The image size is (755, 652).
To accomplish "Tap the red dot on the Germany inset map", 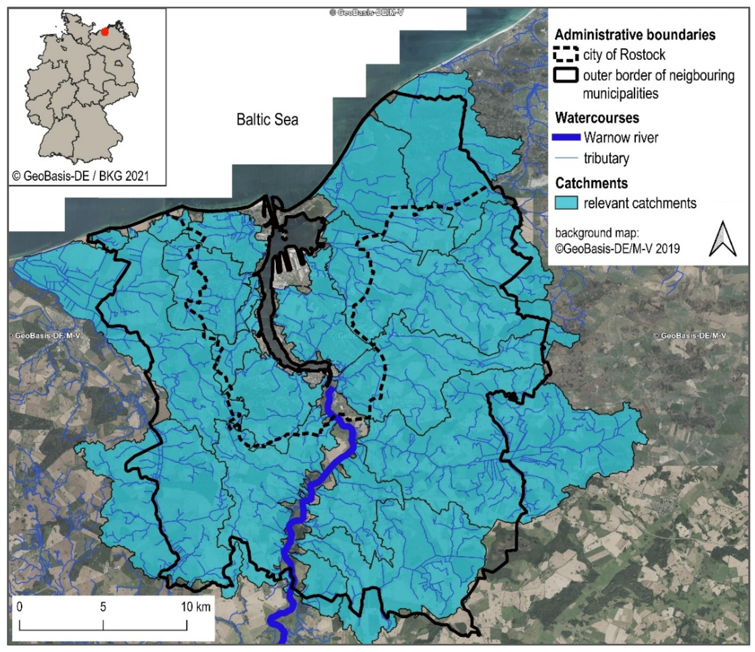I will click(x=105, y=32).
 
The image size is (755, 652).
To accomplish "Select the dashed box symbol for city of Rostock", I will click(x=566, y=55).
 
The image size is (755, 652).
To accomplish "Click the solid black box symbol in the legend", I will click(x=566, y=76).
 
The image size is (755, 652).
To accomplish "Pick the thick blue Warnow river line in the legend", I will click(x=566, y=137).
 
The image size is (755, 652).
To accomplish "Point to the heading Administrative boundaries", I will click(x=635, y=35).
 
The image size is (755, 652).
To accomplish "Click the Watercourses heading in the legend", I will click(x=597, y=118).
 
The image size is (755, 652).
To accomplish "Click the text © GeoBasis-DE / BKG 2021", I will click(x=80, y=176).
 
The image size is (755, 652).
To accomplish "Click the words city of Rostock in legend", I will click(x=624, y=55).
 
